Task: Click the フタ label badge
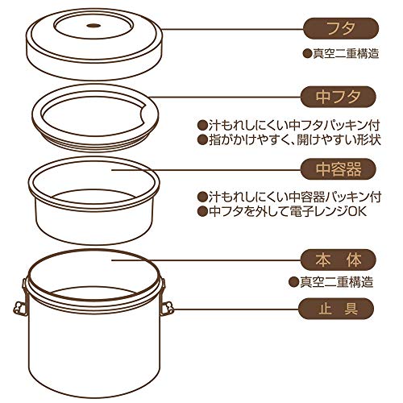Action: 341,28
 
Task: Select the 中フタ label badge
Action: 338,97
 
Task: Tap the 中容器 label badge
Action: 338,169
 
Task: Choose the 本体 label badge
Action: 338,260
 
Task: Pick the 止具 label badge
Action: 336,309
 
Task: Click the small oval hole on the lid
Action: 93,26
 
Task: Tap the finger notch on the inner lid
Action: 145,115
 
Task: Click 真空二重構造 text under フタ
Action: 346,54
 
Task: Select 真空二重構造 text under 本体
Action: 336,282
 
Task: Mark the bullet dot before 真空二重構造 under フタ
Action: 307,54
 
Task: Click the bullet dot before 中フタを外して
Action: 201,212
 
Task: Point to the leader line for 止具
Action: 236,309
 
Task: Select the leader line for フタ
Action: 233,29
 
